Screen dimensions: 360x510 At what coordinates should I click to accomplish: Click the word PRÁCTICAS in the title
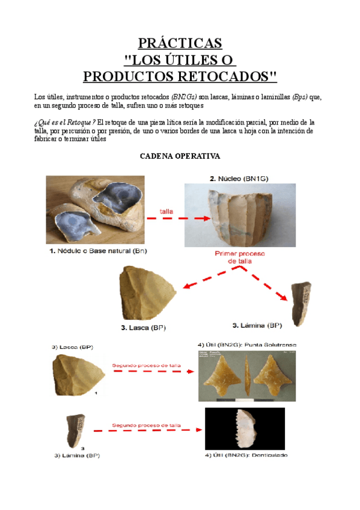pyautogui.click(x=180, y=43)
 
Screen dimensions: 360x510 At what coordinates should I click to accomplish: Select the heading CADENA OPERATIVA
pyautogui.click(x=180, y=156)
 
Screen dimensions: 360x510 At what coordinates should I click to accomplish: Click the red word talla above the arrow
pyautogui.click(x=167, y=210)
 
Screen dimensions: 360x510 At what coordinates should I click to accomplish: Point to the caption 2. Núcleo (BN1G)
pyautogui.click(x=238, y=179)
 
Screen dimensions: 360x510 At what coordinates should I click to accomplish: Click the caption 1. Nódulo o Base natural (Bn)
pyautogui.click(x=98, y=251)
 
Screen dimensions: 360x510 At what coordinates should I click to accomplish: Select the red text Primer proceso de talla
pyautogui.click(x=240, y=257)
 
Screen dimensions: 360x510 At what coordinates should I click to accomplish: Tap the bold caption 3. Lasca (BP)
pyautogui.click(x=143, y=328)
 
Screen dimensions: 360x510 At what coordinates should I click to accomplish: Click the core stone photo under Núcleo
pyautogui.click(x=240, y=215)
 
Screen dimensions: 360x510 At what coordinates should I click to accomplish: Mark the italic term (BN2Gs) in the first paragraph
pyautogui.click(x=184, y=97)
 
